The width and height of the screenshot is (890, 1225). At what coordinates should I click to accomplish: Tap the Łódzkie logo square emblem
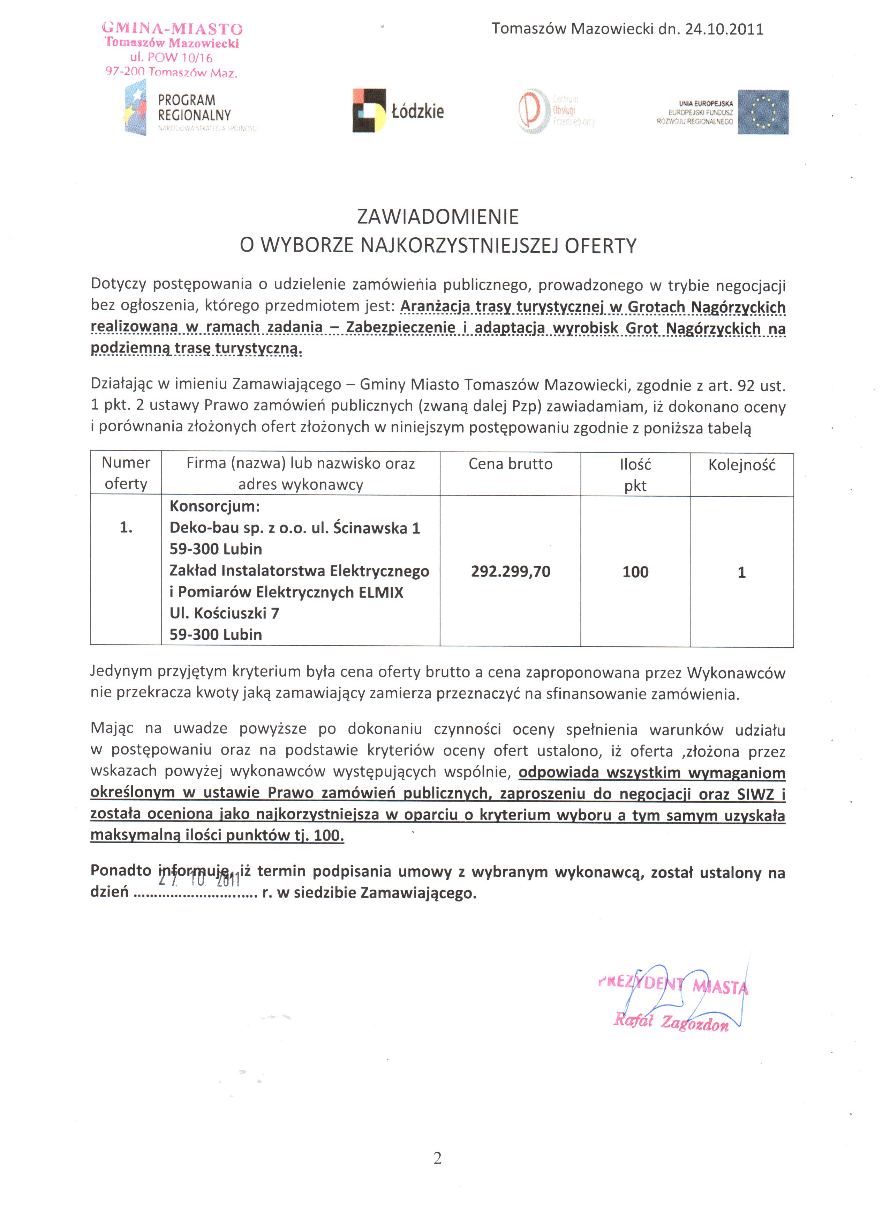pyautogui.click(x=369, y=110)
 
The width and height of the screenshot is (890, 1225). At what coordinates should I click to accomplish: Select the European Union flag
pyautogui.click(x=763, y=112)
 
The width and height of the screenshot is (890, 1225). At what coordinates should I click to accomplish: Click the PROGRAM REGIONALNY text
pyautogui.click(x=194, y=107)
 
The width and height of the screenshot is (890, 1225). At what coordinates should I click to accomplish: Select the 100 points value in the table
pyautogui.click(x=635, y=572)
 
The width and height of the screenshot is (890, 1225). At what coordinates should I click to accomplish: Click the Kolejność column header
pyautogui.click(x=741, y=465)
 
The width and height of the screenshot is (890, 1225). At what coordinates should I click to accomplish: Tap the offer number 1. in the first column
pyautogui.click(x=126, y=528)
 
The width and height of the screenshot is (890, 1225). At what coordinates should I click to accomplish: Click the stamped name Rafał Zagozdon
pyautogui.click(x=671, y=1022)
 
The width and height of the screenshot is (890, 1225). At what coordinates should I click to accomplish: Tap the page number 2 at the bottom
pyautogui.click(x=437, y=1158)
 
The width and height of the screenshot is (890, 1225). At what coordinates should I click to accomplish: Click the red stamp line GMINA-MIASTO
pyautogui.click(x=172, y=29)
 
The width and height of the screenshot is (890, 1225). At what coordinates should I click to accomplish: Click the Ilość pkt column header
pyautogui.click(x=635, y=475)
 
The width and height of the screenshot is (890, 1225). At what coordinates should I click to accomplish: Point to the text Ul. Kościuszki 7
pyautogui.click(x=224, y=613)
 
